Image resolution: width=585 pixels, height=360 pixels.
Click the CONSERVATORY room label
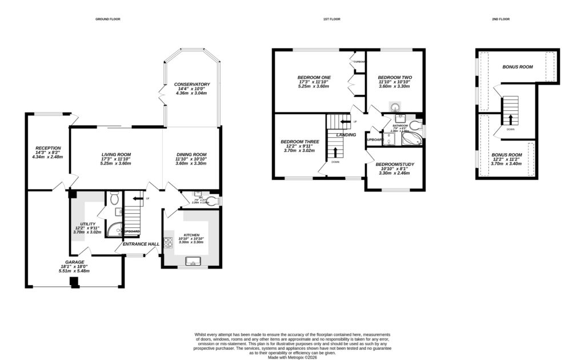pyautogui.click(x=191, y=85)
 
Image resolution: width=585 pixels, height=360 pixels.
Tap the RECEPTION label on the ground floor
pyautogui.click(x=48, y=147)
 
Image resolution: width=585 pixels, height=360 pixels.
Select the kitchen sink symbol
pyautogui.click(x=191, y=262)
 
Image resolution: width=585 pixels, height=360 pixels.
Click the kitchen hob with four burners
pyautogui.click(x=169, y=242)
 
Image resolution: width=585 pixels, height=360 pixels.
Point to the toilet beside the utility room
pyautogui.click(x=114, y=199)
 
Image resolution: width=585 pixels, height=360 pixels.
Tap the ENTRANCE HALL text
pyautogui.click(x=141, y=244)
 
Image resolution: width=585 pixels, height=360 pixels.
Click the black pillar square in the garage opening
pyautogui.click(x=73, y=282)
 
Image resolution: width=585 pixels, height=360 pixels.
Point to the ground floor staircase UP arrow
pyautogui.click(x=134, y=199)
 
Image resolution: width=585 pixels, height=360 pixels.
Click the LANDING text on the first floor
pyautogui.click(x=346, y=135)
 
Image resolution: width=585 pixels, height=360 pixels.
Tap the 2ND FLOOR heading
pyautogui.click(x=500, y=19)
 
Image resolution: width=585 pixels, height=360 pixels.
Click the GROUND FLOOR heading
pyautogui.click(x=107, y=19)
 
